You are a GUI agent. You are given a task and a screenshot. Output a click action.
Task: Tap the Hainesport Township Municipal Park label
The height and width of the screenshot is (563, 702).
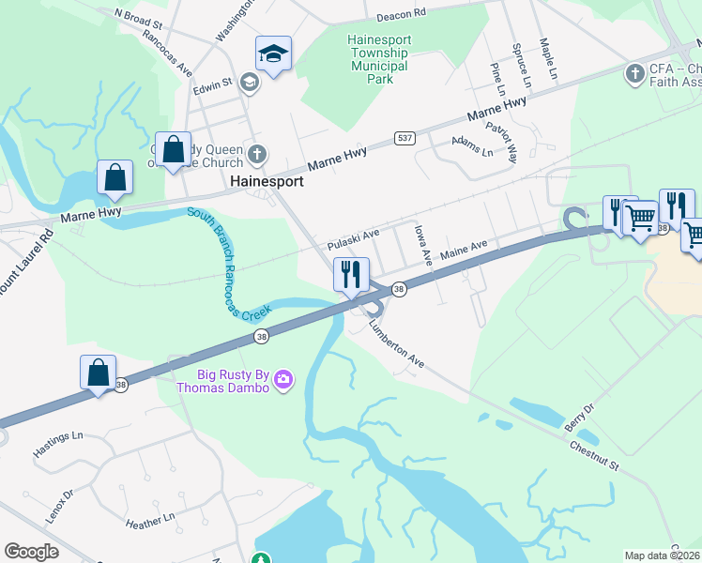click(x=377, y=60)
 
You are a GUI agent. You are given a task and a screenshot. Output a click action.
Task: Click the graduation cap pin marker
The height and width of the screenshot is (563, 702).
click(x=273, y=54)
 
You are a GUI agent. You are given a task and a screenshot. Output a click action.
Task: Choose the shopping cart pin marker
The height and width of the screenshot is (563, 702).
click(x=640, y=218)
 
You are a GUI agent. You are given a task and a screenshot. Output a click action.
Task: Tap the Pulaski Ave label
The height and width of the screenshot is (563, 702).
click(x=353, y=239)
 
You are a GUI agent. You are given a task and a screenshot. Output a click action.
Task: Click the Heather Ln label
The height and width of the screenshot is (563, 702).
click(x=150, y=517)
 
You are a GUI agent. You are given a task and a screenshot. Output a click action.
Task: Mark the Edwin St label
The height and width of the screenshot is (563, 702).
click(x=213, y=84)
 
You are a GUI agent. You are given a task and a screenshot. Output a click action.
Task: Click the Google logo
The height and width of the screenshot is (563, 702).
click(x=31, y=551)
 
